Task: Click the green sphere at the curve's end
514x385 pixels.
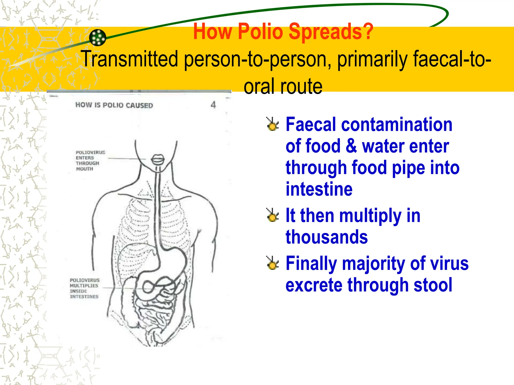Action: [x=98, y=38]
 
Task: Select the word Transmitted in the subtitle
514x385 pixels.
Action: [x=130, y=59]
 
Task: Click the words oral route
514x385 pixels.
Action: [x=283, y=86]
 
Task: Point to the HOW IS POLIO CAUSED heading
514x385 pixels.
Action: [x=114, y=105]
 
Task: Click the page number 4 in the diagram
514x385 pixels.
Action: [x=213, y=105]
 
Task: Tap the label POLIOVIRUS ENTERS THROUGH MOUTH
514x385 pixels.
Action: [x=90, y=161]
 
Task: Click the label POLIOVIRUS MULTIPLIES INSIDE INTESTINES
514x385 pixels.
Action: [x=85, y=288]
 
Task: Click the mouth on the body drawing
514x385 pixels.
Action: [x=158, y=159]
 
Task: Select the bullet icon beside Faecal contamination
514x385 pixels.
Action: [x=272, y=124]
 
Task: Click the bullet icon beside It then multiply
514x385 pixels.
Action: [x=272, y=215]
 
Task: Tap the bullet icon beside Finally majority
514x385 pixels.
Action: [x=272, y=263]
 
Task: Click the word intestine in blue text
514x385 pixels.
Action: [x=319, y=189]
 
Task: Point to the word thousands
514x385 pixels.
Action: [x=327, y=237]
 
